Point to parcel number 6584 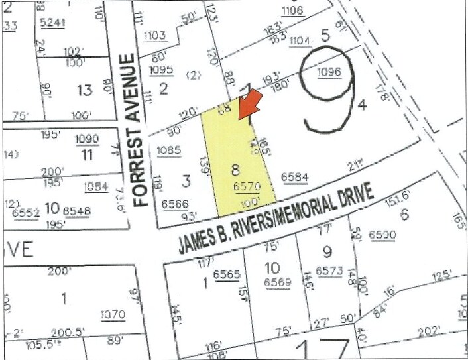coord(294,177)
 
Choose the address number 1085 coord(169,150)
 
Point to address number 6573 coord(328,270)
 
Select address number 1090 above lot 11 coord(87,139)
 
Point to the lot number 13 coord(84,90)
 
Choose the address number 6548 coord(78,210)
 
